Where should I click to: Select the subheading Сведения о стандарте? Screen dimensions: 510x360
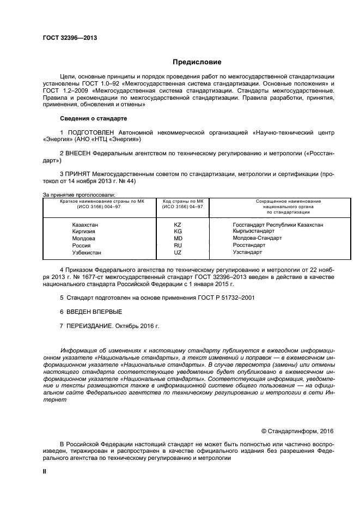pos(93,118)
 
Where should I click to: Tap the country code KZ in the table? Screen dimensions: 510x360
pos(178,224)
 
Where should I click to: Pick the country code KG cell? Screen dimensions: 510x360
pos(178,232)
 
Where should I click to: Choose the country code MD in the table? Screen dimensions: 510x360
pos(178,239)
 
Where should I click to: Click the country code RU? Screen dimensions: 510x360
pos(178,246)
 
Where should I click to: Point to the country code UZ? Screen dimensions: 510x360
pos(178,253)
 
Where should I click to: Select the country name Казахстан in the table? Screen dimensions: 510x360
pos(86,224)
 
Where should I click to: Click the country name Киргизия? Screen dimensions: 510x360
pos(84,232)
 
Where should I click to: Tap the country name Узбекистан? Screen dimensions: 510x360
pos(87,253)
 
